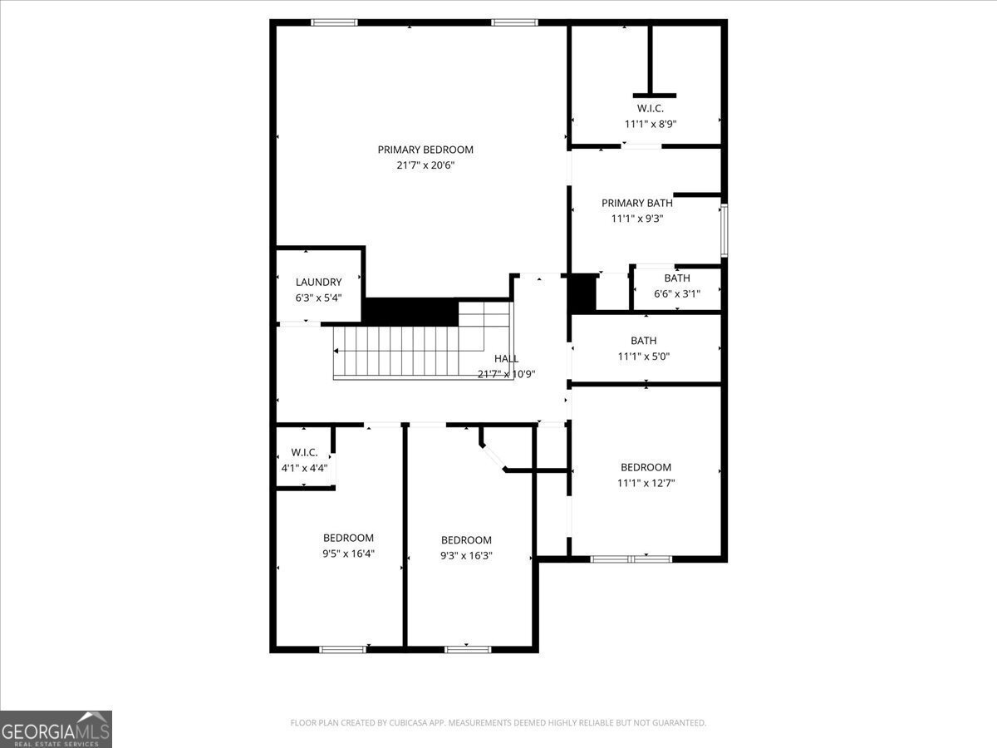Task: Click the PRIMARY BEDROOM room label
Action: (x=425, y=150)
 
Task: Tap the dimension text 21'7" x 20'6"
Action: (x=425, y=165)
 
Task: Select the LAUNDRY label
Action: (x=318, y=282)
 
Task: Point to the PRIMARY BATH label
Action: (x=636, y=203)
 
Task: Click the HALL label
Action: (x=506, y=358)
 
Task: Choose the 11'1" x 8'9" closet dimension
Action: (x=645, y=124)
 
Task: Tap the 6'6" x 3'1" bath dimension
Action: (x=676, y=293)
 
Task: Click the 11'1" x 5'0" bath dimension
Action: (x=643, y=357)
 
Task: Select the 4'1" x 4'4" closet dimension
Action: (x=304, y=468)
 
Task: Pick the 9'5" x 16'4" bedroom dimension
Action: (x=348, y=554)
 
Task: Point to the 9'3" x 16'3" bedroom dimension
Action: (x=466, y=555)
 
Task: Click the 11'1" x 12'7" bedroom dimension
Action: (x=645, y=483)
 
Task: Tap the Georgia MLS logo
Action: (x=56, y=729)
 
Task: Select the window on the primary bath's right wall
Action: (x=724, y=230)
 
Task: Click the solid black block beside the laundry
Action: (x=411, y=312)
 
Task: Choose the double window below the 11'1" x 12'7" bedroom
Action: (x=631, y=559)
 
